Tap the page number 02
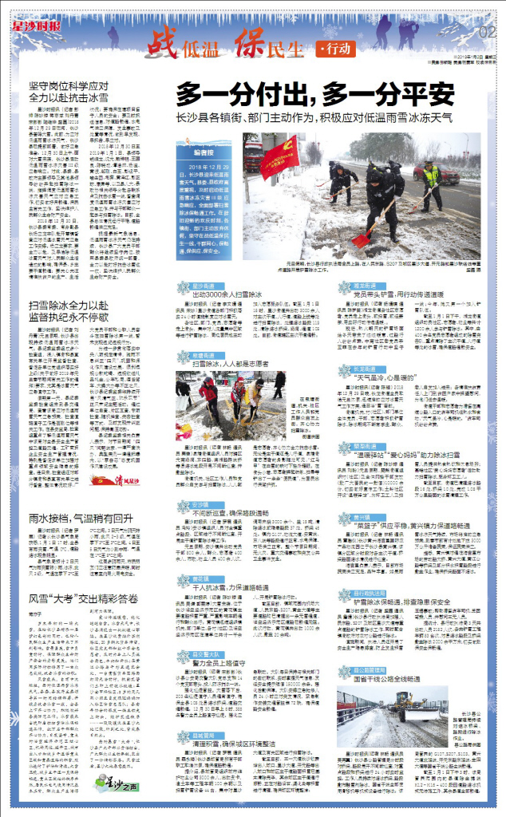(x=488, y=31)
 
